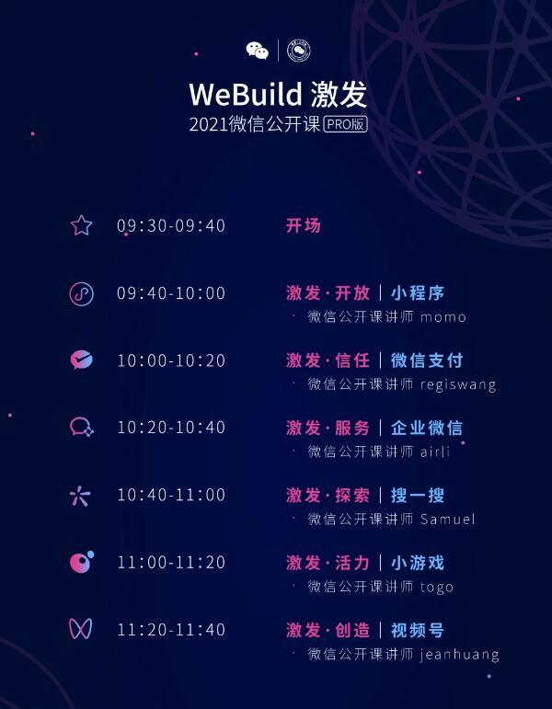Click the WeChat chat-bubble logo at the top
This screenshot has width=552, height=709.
[x=258, y=51]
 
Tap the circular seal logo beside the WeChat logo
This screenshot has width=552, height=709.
[x=299, y=51]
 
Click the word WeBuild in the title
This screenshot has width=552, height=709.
[x=246, y=95]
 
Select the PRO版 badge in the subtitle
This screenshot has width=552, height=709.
[x=346, y=124]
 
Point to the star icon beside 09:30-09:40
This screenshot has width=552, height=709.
[x=82, y=225]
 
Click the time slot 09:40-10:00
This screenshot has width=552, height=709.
[x=171, y=293]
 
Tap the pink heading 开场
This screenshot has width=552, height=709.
[x=304, y=225]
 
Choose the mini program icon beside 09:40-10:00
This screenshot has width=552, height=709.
[x=82, y=294]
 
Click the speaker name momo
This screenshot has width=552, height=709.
[x=443, y=317]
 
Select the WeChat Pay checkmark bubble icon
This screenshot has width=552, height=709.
[x=82, y=360]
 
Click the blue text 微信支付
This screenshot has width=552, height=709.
[x=427, y=360]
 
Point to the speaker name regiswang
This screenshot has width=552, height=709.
[x=458, y=385]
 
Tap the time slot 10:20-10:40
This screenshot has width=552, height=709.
[x=171, y=428]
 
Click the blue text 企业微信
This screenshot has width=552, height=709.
[x=427, y=428]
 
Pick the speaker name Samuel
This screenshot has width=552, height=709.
[x=447, y=519]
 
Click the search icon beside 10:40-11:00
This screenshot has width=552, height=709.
[x=81, y=496]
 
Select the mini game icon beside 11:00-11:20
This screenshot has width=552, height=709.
[x=82, y=562]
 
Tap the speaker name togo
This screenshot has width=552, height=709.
[x=437, y=588]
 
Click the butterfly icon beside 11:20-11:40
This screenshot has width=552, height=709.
[x=81, y=629]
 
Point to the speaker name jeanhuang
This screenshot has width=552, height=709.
[x=460, y=655]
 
